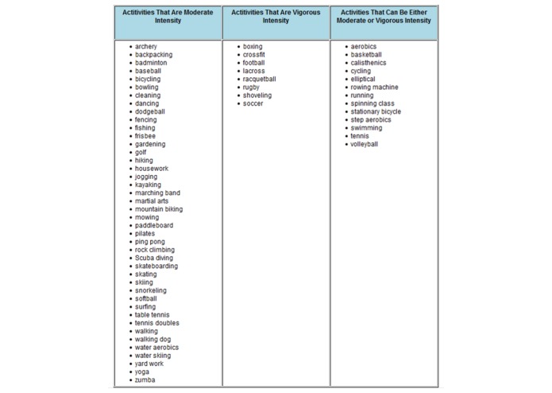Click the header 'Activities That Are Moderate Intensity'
coord(168,17)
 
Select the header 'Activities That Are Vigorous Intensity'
coord(276,17)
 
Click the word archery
coord(146,47)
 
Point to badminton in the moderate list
coord(151,63)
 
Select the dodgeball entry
coord(150,111)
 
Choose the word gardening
coord(150,144)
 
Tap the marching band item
coord(157,193)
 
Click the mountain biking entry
coord(159,209)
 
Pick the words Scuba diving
coord(154,258)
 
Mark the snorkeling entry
coord(151,290)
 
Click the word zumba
coord(145,379)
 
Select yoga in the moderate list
coord(142,372)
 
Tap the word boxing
coord(253,47)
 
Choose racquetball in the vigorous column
coord(260,79)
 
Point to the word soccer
coord(253,103)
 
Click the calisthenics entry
coord(369,63)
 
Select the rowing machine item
coord(375,88)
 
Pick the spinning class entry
coord(373,103)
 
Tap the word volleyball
coord(365,144)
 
